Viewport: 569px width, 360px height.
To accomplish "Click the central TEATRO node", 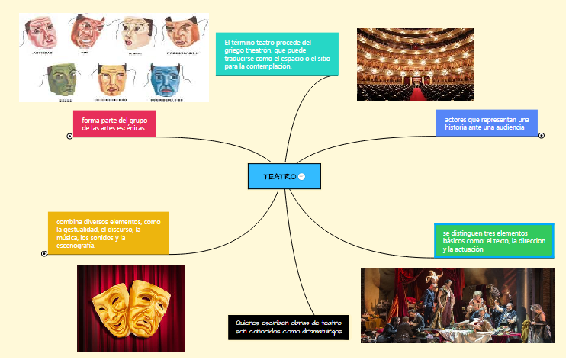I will [x=279, y=176].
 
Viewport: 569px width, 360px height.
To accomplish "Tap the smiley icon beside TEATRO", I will [x=301, y=176].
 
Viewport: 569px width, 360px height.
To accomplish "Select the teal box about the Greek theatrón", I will [x=277, y=53].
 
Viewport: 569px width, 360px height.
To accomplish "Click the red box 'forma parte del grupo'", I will [x=114, y=124].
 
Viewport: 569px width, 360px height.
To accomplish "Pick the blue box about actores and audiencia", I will [x=487, y=124].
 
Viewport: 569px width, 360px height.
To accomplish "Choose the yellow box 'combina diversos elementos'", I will [x=108, y=233].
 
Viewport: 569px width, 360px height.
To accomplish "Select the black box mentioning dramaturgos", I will [x=288, y=327].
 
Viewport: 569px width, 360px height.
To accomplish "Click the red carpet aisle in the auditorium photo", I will [x=417, y=92].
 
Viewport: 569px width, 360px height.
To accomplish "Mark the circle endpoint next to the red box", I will [x=70, y=136].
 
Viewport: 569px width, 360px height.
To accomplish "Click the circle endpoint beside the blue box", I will [x=542, y=136].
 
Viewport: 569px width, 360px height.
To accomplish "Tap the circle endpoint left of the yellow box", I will [x=44, y=253].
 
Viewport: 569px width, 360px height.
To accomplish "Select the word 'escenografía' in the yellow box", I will [x=76, y=246].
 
